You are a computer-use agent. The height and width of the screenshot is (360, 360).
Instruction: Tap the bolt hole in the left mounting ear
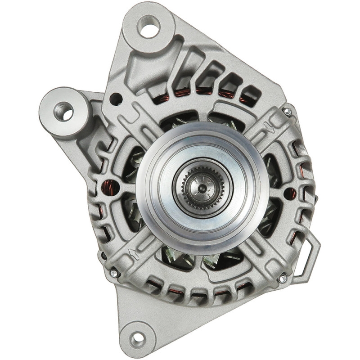click(63, 111)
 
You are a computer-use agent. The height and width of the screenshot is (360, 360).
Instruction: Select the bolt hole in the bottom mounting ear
click(139, 337)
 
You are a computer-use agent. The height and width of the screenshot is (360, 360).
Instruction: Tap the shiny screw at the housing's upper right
click(287, 111)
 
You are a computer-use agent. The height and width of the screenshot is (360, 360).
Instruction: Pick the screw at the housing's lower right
click(282, 279)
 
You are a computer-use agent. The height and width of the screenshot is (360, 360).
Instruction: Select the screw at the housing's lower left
click(114, 273)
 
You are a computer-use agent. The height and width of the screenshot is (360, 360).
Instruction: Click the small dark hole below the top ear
click(117, 97)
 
